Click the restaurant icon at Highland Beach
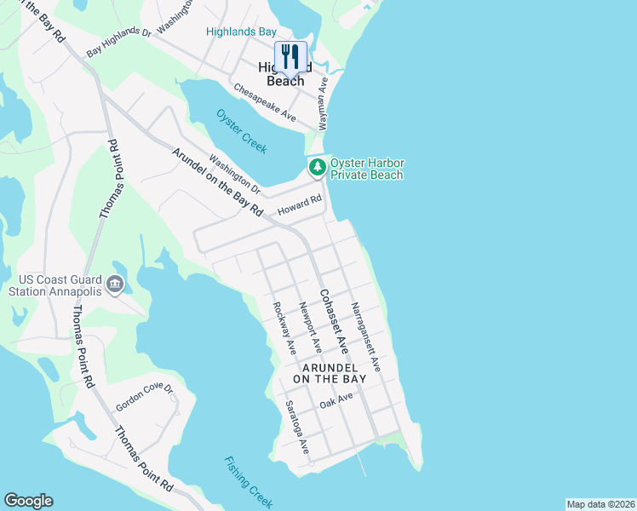[290, 56]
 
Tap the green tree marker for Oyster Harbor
[317, 167]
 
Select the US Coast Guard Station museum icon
[116, 284]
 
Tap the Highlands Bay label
[241, 32]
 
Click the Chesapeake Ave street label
[264, 102]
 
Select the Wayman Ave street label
[324, 102]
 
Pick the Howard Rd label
[304, 203]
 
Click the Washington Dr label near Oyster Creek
[234, 172]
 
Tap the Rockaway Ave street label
[284, 329]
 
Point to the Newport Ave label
[310, 327]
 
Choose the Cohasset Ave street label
[333, 322]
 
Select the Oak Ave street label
[336, 400]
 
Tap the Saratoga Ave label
[297, 427]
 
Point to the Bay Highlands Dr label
[118, 46]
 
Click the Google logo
[28, 501]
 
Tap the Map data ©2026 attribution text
[600, 504]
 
